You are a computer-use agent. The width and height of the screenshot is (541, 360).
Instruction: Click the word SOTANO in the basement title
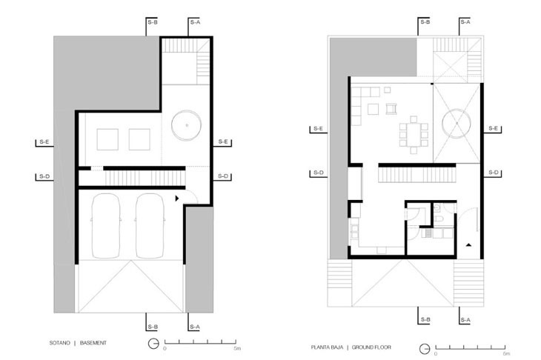(x=60, y=343)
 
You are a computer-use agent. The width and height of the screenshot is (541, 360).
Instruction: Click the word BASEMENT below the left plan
(x=93, y=343)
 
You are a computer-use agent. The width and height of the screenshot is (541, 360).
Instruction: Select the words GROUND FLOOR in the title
(x=371, y=347)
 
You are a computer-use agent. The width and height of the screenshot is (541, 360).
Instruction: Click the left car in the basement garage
(x=106, y=226)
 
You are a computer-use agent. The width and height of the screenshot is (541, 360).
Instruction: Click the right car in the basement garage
(x=150, y=226)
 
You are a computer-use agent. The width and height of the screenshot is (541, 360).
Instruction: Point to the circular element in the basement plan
(x=186, y=125)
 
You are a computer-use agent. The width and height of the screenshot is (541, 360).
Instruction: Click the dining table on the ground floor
(x=414, y=135)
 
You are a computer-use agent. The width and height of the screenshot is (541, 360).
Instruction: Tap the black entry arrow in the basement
(x=177, y=199)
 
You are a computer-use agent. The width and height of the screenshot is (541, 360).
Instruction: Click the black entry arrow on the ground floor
(x=468, y=245)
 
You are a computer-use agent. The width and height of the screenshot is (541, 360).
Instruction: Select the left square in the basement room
(x=107, y=139)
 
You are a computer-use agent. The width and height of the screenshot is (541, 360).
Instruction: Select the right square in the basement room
(x=139, y=139)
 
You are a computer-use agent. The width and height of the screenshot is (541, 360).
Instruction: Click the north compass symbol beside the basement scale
(x=153, y=344)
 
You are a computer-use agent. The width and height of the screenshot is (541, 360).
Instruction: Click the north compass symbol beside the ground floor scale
(x=425, y=348)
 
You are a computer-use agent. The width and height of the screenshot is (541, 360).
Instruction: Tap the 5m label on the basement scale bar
(x=237, y=348)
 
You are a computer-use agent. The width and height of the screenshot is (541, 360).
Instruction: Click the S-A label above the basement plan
(x=195, y=22)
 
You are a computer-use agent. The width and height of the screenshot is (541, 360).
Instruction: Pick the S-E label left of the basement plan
(x=44, y=141)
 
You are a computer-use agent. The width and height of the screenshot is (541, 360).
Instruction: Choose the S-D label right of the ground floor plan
(x=494, y=173)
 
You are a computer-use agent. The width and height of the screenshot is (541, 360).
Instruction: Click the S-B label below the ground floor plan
(x=425, y=320)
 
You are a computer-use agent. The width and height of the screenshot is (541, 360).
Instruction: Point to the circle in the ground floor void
(x=457, y=123)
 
